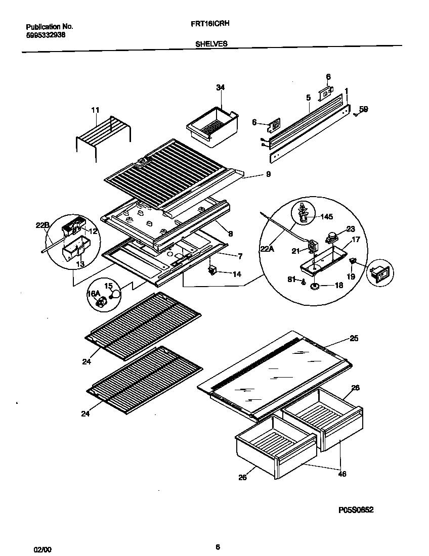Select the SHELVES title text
pyautogui.click(x=211, y=44)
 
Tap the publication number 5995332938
pyautogui.click(x=45, y=35)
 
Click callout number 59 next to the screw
pyautogui.click(x=363, y=109)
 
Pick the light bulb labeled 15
pyautogui.click(x=116, y=293)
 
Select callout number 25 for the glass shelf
pyautogui.click(x=354, y=338)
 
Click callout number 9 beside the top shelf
pyautogui.click(x=268, y=174)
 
